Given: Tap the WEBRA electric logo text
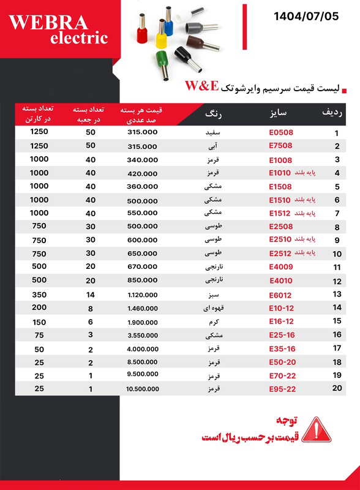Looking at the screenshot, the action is [x=59, y=29].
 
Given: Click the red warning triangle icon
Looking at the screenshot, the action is [x=317, y=429].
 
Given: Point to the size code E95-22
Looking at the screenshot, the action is [x=282, y=389].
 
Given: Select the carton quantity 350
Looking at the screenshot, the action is [x=39, y=294].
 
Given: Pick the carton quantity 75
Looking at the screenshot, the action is [x=39, y=334].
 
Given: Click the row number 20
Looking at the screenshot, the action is [x=336, y=389].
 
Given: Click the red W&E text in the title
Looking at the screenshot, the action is [x=201, y=86].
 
